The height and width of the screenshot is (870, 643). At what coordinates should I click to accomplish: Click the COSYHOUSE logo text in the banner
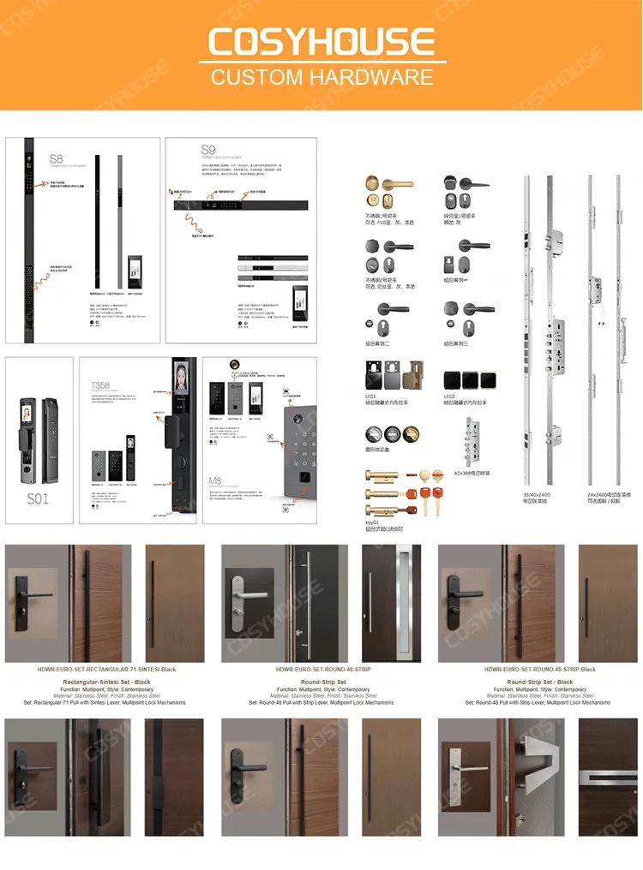(x=321, y=42)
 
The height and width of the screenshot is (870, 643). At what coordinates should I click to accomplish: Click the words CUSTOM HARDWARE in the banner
(x=321, y=77)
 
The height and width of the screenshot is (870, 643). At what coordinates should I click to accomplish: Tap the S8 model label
(x=56, y=159)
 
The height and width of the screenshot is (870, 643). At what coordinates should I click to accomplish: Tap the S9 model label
(x=208, y=151)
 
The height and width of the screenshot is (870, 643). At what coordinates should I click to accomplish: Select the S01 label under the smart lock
(x=38, y=498)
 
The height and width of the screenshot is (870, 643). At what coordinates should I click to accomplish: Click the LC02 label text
(x=450, y=396)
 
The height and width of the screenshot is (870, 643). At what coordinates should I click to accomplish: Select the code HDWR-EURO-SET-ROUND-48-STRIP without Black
(x=323, y=670)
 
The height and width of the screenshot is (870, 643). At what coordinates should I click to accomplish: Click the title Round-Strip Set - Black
(x=540, y=682)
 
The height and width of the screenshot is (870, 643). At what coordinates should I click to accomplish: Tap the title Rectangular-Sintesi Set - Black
(x=107, y=682)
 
